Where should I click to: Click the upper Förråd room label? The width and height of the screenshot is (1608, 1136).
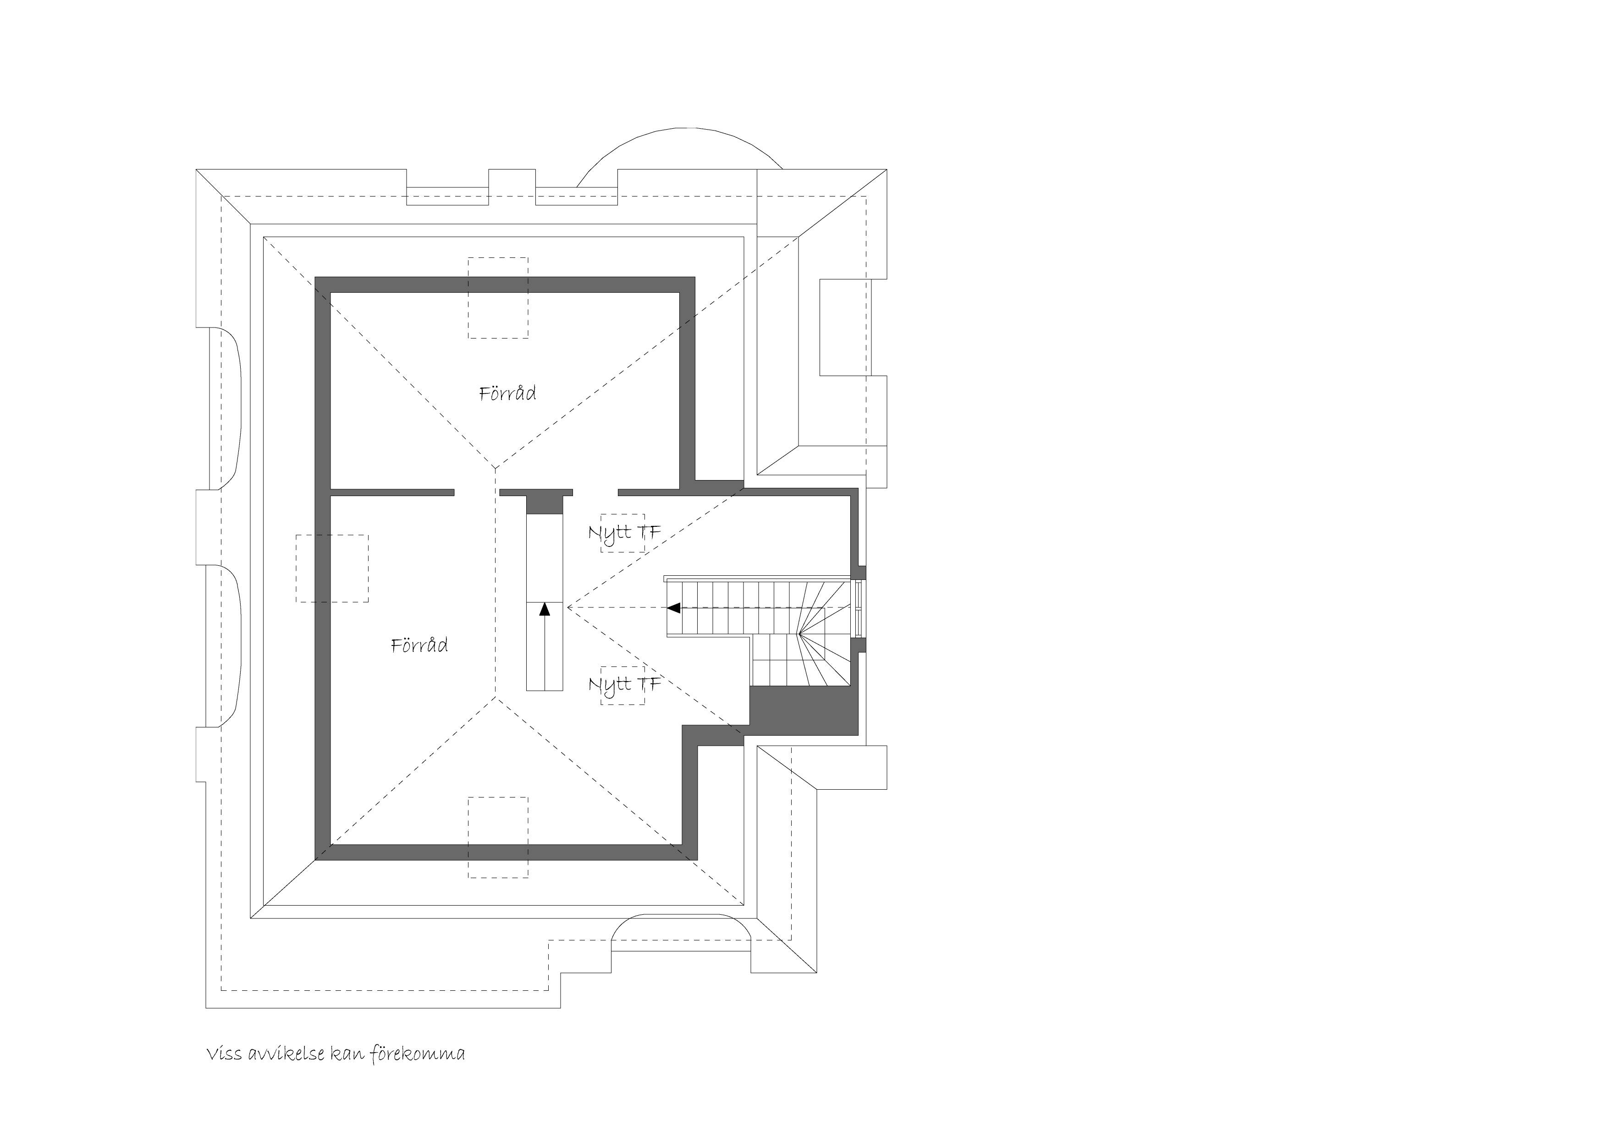(x=508, y=393)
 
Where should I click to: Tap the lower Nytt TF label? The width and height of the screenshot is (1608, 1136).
(x=624, y=684)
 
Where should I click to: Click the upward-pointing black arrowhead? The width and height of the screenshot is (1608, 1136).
(x=545, y=609)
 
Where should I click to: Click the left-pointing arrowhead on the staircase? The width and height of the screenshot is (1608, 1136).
(x=674, y=607)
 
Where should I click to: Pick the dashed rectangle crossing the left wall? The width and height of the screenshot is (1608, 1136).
(x=332, y=568)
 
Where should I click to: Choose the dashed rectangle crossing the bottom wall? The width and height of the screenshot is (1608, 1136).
(x=498, y=837)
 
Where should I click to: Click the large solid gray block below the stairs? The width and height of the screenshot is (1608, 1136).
(x=804, y=710)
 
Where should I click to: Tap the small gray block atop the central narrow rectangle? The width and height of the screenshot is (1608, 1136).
(x=545, y=504)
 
